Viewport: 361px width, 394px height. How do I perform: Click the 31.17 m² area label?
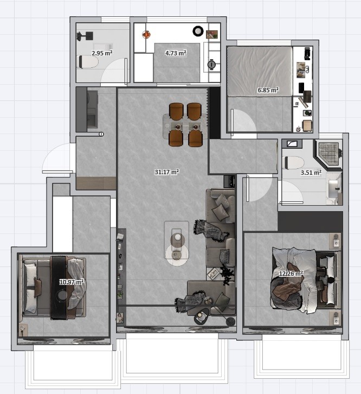click(x=167, y=172)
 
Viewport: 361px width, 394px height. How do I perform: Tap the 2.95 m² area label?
click(x=102, y=53)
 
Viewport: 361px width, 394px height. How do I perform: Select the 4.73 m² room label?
click(x=176, y=53)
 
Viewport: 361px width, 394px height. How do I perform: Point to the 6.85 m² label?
click(x=268, y=90)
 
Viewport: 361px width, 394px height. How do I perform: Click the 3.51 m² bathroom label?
click(x=311, y=173)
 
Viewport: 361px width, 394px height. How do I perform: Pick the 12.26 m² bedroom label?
click(x=291, y=273)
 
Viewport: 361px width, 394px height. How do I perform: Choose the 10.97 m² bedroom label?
click(x=72, y=282)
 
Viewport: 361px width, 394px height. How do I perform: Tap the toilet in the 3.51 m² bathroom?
click(x=293, y=163)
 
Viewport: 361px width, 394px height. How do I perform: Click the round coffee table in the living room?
click(x=177, y=255)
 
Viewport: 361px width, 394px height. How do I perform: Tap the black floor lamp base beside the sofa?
click(x=231, y=321)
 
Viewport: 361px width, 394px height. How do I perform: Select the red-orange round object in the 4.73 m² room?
click(x=146, y=34)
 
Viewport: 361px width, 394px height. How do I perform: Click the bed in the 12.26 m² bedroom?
click(x=306, y=280)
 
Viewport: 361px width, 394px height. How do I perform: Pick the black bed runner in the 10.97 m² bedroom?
click(x=59, y=288)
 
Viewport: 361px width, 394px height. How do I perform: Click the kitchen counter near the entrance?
click(x=87, y=109)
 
